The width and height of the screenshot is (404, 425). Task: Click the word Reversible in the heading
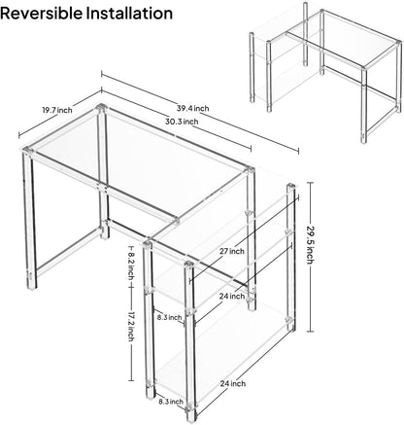click(42, 13)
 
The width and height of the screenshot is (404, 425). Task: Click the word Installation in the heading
click(129, 13)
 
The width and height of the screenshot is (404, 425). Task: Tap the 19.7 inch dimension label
click(57, 110)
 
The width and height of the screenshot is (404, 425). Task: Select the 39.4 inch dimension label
click(192, 108)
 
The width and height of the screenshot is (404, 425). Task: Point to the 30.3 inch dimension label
click(182, 122)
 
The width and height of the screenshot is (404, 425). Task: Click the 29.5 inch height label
click(310, 244)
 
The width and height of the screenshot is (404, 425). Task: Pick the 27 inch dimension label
click(232, 251)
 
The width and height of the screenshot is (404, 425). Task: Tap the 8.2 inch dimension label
click(130, 262)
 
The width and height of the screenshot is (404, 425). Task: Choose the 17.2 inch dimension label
click(130, 327)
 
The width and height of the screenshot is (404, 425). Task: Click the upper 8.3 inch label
click(169, 317)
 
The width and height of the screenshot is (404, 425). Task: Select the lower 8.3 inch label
click(171, 402)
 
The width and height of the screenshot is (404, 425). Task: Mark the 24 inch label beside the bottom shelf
click(233, 383)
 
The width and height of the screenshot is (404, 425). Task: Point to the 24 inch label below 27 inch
click(232, 296)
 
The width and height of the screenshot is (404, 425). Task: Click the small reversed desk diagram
click(325, 72)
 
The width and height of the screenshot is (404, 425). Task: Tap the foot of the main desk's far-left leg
click(32, 286)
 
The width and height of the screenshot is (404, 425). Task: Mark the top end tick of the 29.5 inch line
click(310, 183)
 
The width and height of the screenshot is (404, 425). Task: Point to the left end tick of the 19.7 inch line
click(19, 134)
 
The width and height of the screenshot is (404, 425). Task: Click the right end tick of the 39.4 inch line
click(298, 151)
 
